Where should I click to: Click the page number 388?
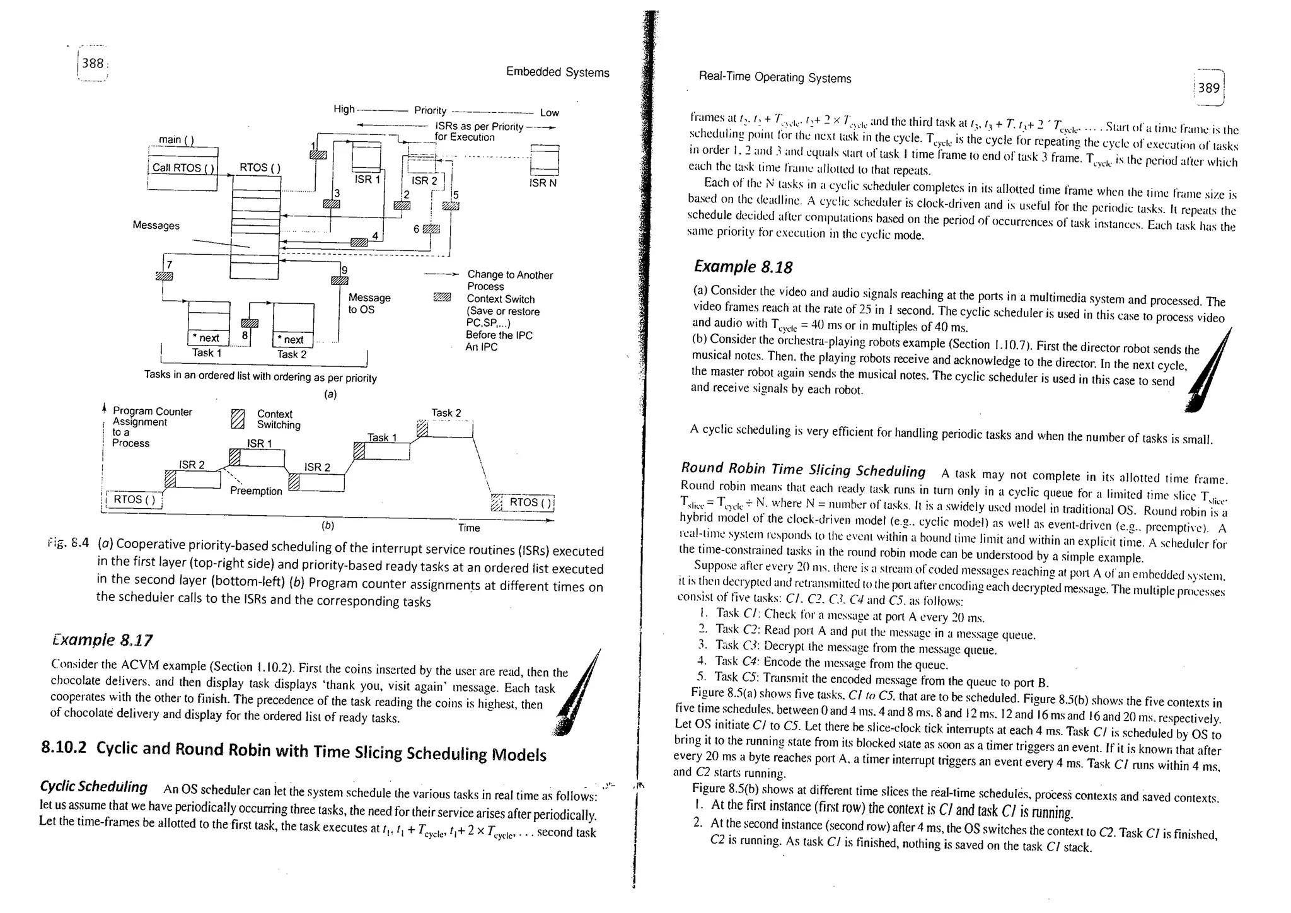93,63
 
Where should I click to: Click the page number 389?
1208,88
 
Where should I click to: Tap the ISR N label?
543,183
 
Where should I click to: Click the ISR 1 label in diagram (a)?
368,179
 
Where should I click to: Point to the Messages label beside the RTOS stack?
156,225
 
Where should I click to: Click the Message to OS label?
369,303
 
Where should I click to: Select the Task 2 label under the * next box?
291,354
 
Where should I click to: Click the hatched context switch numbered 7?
164,276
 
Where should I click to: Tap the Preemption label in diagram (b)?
255,491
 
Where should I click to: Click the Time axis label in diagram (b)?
468,528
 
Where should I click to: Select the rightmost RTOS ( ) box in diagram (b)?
531,503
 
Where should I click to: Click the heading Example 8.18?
743,267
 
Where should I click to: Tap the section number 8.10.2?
63,748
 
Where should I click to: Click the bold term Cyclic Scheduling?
93,787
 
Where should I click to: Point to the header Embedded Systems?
557,73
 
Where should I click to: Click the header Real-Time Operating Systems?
774,78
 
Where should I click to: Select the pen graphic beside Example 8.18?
1207,372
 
